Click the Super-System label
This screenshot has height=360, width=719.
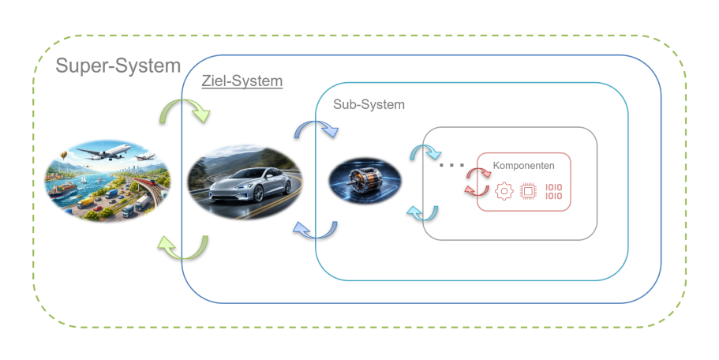click(x=118, y=66)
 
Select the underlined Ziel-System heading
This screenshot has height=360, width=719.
click(x=242, y=81)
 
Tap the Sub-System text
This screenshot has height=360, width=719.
click(x=369, y=104)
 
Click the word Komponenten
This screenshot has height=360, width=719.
click(x=523, y=166)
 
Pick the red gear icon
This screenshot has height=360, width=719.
click(x=504, y=191)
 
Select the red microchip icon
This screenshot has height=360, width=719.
click(x=529, y=191)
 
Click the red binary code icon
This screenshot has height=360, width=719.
click(x=555, y=191)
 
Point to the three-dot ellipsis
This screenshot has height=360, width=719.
click(x=451, y=166)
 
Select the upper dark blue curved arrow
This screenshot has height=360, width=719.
click(x=315, y=131)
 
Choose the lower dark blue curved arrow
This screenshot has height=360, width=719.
click(x=314, y=229)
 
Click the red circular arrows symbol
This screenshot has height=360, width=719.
click(x=476, y=182)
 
